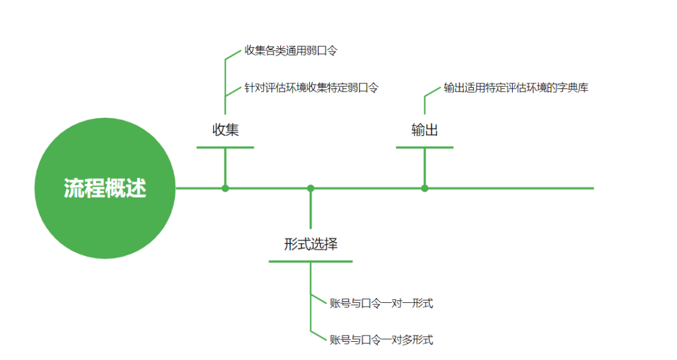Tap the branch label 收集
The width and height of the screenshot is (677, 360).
[225, 130]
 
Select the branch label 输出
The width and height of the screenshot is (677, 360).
[424, 130]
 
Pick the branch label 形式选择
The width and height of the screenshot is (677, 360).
[310, 244]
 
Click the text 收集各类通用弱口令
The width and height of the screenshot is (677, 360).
[291, 51]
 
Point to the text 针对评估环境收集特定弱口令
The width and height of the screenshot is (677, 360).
[312, 88]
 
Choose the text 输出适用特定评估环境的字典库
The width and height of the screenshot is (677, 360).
[516, 88]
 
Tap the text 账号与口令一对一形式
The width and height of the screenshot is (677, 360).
[381, 304]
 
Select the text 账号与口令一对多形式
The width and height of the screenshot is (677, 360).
[381, 340]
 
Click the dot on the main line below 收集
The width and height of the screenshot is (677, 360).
[225, 188]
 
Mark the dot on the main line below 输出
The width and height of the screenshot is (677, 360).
[424, 188]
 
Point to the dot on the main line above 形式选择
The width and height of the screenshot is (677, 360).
[310, 188]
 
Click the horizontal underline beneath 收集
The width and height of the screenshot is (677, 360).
[225, 147]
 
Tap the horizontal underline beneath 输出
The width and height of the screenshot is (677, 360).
[424, 147]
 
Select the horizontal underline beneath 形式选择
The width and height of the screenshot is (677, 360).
[310, 261]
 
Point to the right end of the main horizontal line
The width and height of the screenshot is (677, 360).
[591, 188]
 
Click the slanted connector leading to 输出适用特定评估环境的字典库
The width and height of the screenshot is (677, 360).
[433, 92]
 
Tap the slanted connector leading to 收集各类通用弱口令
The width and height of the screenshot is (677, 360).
[233, 55]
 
